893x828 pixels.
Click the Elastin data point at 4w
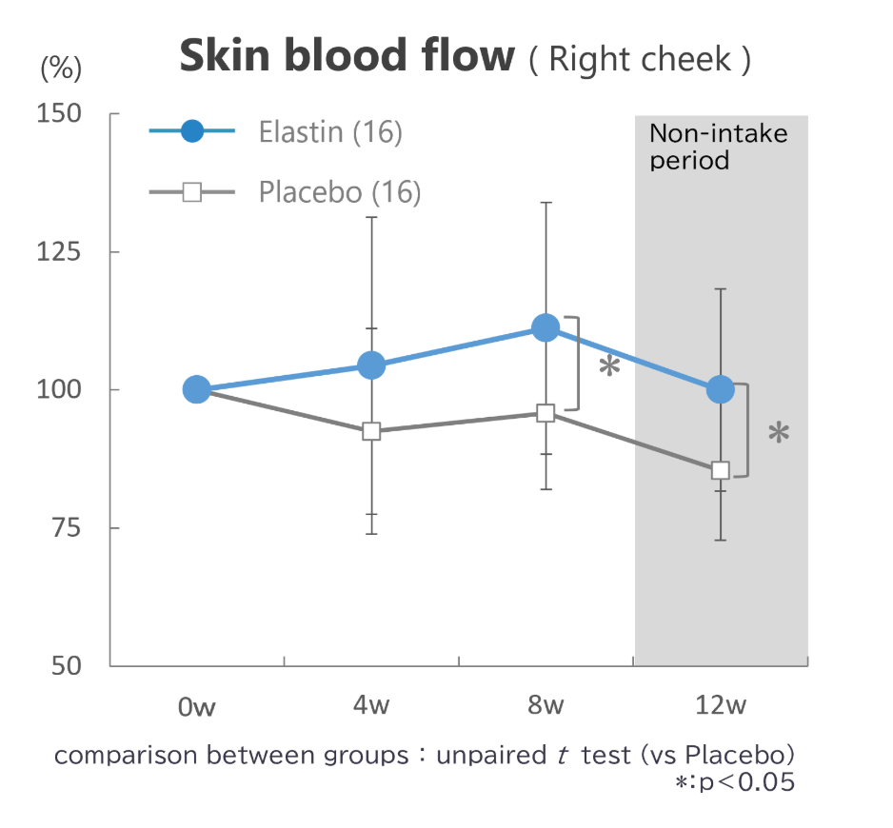pos(370,365)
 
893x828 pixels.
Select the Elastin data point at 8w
pos(546,328)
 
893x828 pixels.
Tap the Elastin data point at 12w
pos(721,389)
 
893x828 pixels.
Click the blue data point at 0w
pos(196,389)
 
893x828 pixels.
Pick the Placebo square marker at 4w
pos(371,431)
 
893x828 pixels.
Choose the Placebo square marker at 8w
pos(546,413)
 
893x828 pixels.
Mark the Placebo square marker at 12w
pos(721,470)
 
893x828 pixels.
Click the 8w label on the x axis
pos(546,706)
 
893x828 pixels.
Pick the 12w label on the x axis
pos(721,706)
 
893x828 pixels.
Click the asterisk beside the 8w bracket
pos(609,369)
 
